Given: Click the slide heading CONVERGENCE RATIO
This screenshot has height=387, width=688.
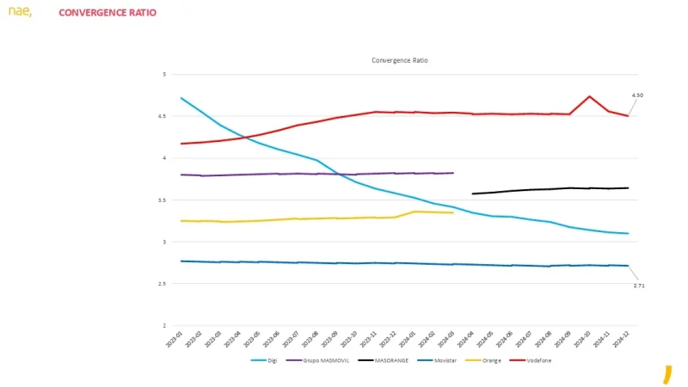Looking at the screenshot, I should tap(107, 13).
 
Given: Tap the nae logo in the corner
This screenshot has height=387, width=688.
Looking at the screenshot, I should tap(20, 11).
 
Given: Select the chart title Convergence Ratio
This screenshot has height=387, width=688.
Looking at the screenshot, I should tap(399, 60).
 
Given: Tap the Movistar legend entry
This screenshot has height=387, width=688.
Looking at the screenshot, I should tap(438, 360).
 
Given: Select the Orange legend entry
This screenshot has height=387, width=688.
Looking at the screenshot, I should tap(486, 360).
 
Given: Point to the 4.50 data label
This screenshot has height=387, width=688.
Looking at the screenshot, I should tap(637, 95).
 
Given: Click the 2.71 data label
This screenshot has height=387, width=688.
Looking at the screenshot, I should tap(639, 285).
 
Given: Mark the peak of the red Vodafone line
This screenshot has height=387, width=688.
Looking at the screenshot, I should tap(589, 96).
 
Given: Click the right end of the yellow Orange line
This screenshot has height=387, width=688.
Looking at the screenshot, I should tap(452, 212).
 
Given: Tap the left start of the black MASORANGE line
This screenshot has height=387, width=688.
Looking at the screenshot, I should tap(472, 193).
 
